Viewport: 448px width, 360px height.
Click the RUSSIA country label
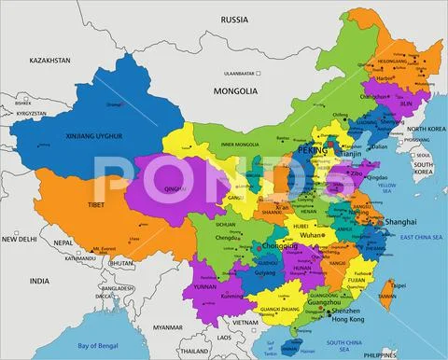click(x=233, y=19)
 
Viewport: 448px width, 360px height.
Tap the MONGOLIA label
click(x=236, y=91)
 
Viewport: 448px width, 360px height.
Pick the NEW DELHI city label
click(x=20, y=239)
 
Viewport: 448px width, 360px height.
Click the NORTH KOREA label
click(x=426, y=129)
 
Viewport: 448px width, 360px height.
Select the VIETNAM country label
click(x=245, y=321)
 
